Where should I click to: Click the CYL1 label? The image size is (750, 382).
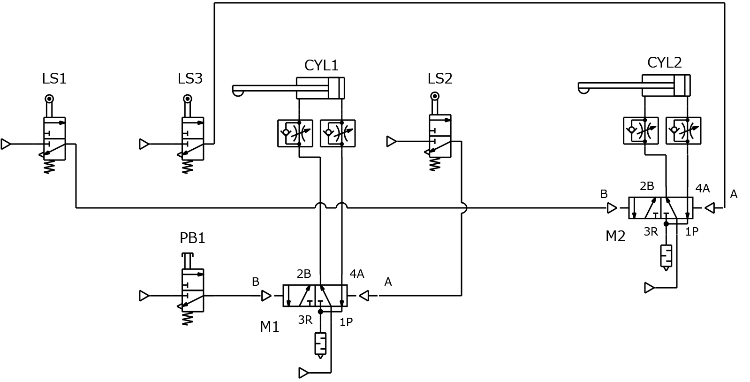321,65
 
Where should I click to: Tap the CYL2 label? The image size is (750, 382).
664,63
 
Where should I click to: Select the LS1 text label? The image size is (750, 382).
54,79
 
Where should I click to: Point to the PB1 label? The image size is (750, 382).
192,238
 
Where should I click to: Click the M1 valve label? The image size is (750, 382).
270,327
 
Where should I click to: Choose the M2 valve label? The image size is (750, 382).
615,237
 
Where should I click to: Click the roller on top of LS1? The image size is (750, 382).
49,99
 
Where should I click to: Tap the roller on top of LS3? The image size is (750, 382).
188,99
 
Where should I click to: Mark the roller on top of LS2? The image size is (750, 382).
435,97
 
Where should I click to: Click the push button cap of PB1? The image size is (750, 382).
188,255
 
